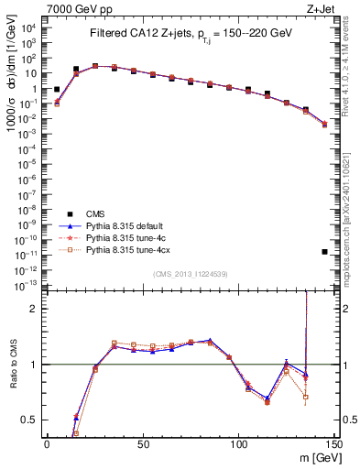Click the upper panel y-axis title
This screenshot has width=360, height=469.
pyautogui.click(x=12, y=92)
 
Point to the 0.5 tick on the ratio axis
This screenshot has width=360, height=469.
pyautogui.click(x=32, y=420)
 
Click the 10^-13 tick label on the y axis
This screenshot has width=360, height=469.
pyautogui.click(x=27, y=285)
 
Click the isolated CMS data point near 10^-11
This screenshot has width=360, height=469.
pyautogui.click(x=325, y=252)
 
